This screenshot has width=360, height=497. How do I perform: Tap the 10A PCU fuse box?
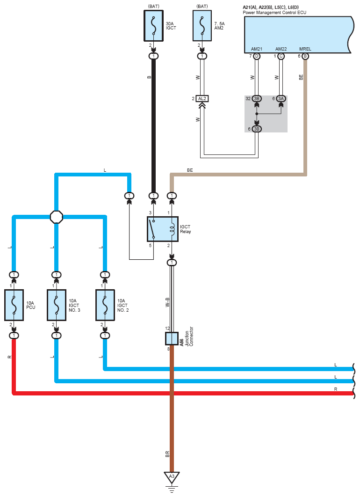[14, 306]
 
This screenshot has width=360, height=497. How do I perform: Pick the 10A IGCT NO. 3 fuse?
[56, 306]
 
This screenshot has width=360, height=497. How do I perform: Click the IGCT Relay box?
[162, 229]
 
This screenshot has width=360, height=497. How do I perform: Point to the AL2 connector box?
[202, 99]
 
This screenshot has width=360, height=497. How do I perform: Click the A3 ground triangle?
[172, 476]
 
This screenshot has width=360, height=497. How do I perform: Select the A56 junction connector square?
[172, 338]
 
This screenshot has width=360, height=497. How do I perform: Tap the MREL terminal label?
[305, 49]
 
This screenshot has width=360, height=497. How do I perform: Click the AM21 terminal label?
[256, 49]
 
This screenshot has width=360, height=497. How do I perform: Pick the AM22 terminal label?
[281, 49]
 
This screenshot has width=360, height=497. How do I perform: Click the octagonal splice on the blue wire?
[56, 217]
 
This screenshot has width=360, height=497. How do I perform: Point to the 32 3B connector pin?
[257, 99]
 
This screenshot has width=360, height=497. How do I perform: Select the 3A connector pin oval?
[281, 99]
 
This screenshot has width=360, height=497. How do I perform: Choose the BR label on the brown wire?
[167, 454]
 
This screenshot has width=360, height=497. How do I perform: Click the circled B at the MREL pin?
[305, 56]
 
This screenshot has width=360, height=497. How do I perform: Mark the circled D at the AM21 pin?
[257, 56]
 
